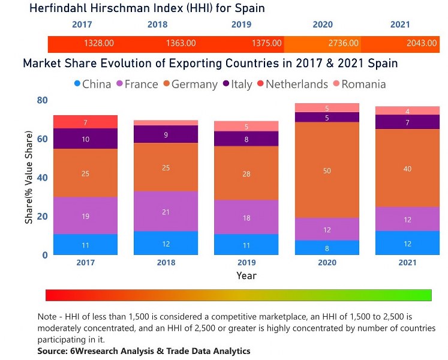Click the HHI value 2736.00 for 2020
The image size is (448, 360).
coord(344,44)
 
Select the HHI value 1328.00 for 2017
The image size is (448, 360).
coord(99,44)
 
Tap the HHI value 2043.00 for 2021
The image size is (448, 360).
coord(422,44)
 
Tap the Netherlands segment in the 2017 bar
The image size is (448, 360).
coord(85,122)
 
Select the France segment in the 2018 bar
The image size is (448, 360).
coord(166,211)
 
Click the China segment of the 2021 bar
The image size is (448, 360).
coord(407,243)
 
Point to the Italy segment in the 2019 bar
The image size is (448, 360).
coord(246,139)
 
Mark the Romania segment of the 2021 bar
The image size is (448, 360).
coord(407,111)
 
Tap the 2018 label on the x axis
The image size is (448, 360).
coord(166,262)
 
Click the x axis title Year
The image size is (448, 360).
coord(246,275)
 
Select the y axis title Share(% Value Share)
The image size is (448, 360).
coord(29,178)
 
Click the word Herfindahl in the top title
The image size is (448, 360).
coord(59,8)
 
